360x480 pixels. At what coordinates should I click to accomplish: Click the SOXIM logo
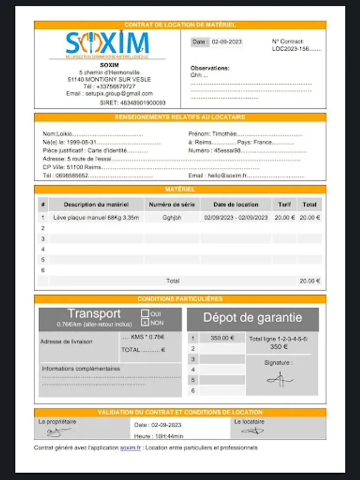point(107,43)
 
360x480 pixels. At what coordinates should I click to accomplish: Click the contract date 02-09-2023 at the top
point(227,42)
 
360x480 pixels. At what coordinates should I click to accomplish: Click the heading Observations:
point(210,68)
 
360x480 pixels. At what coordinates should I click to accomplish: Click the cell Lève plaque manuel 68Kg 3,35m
point(96,218)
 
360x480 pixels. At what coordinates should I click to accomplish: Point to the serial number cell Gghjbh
point(172,218)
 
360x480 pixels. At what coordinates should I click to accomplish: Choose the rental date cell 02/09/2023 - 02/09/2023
point(236,218)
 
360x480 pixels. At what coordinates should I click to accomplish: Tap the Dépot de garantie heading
point(252,318)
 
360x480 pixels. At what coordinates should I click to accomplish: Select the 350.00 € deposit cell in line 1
point(222,338)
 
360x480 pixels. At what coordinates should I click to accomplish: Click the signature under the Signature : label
point(279,379)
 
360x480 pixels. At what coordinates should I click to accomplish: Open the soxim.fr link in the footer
point(131,448)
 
